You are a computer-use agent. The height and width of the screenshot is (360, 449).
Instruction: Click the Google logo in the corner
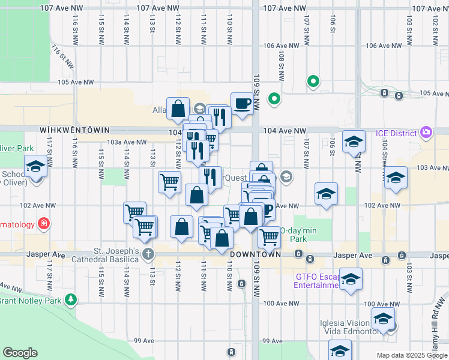[20, 353]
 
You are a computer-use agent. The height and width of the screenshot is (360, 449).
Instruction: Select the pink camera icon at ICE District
[426, 132]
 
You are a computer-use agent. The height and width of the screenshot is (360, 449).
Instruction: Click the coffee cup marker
[241, 103]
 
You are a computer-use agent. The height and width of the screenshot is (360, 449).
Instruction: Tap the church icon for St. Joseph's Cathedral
[148, 253]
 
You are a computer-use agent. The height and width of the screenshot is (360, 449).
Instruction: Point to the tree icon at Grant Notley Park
[71, 299]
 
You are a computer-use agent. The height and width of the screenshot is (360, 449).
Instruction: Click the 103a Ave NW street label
[126, 142]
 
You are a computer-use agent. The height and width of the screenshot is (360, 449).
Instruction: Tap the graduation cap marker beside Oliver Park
[35, 167]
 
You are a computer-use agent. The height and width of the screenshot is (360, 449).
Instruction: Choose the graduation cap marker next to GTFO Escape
[351, 279]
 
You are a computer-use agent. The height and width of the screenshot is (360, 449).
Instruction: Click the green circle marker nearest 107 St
[313, 81]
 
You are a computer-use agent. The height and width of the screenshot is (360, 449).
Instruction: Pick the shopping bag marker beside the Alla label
[178, 109]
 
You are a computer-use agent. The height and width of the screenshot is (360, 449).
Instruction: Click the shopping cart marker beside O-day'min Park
[269, 237]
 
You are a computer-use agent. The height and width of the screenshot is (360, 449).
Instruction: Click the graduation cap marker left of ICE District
[354, 142]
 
